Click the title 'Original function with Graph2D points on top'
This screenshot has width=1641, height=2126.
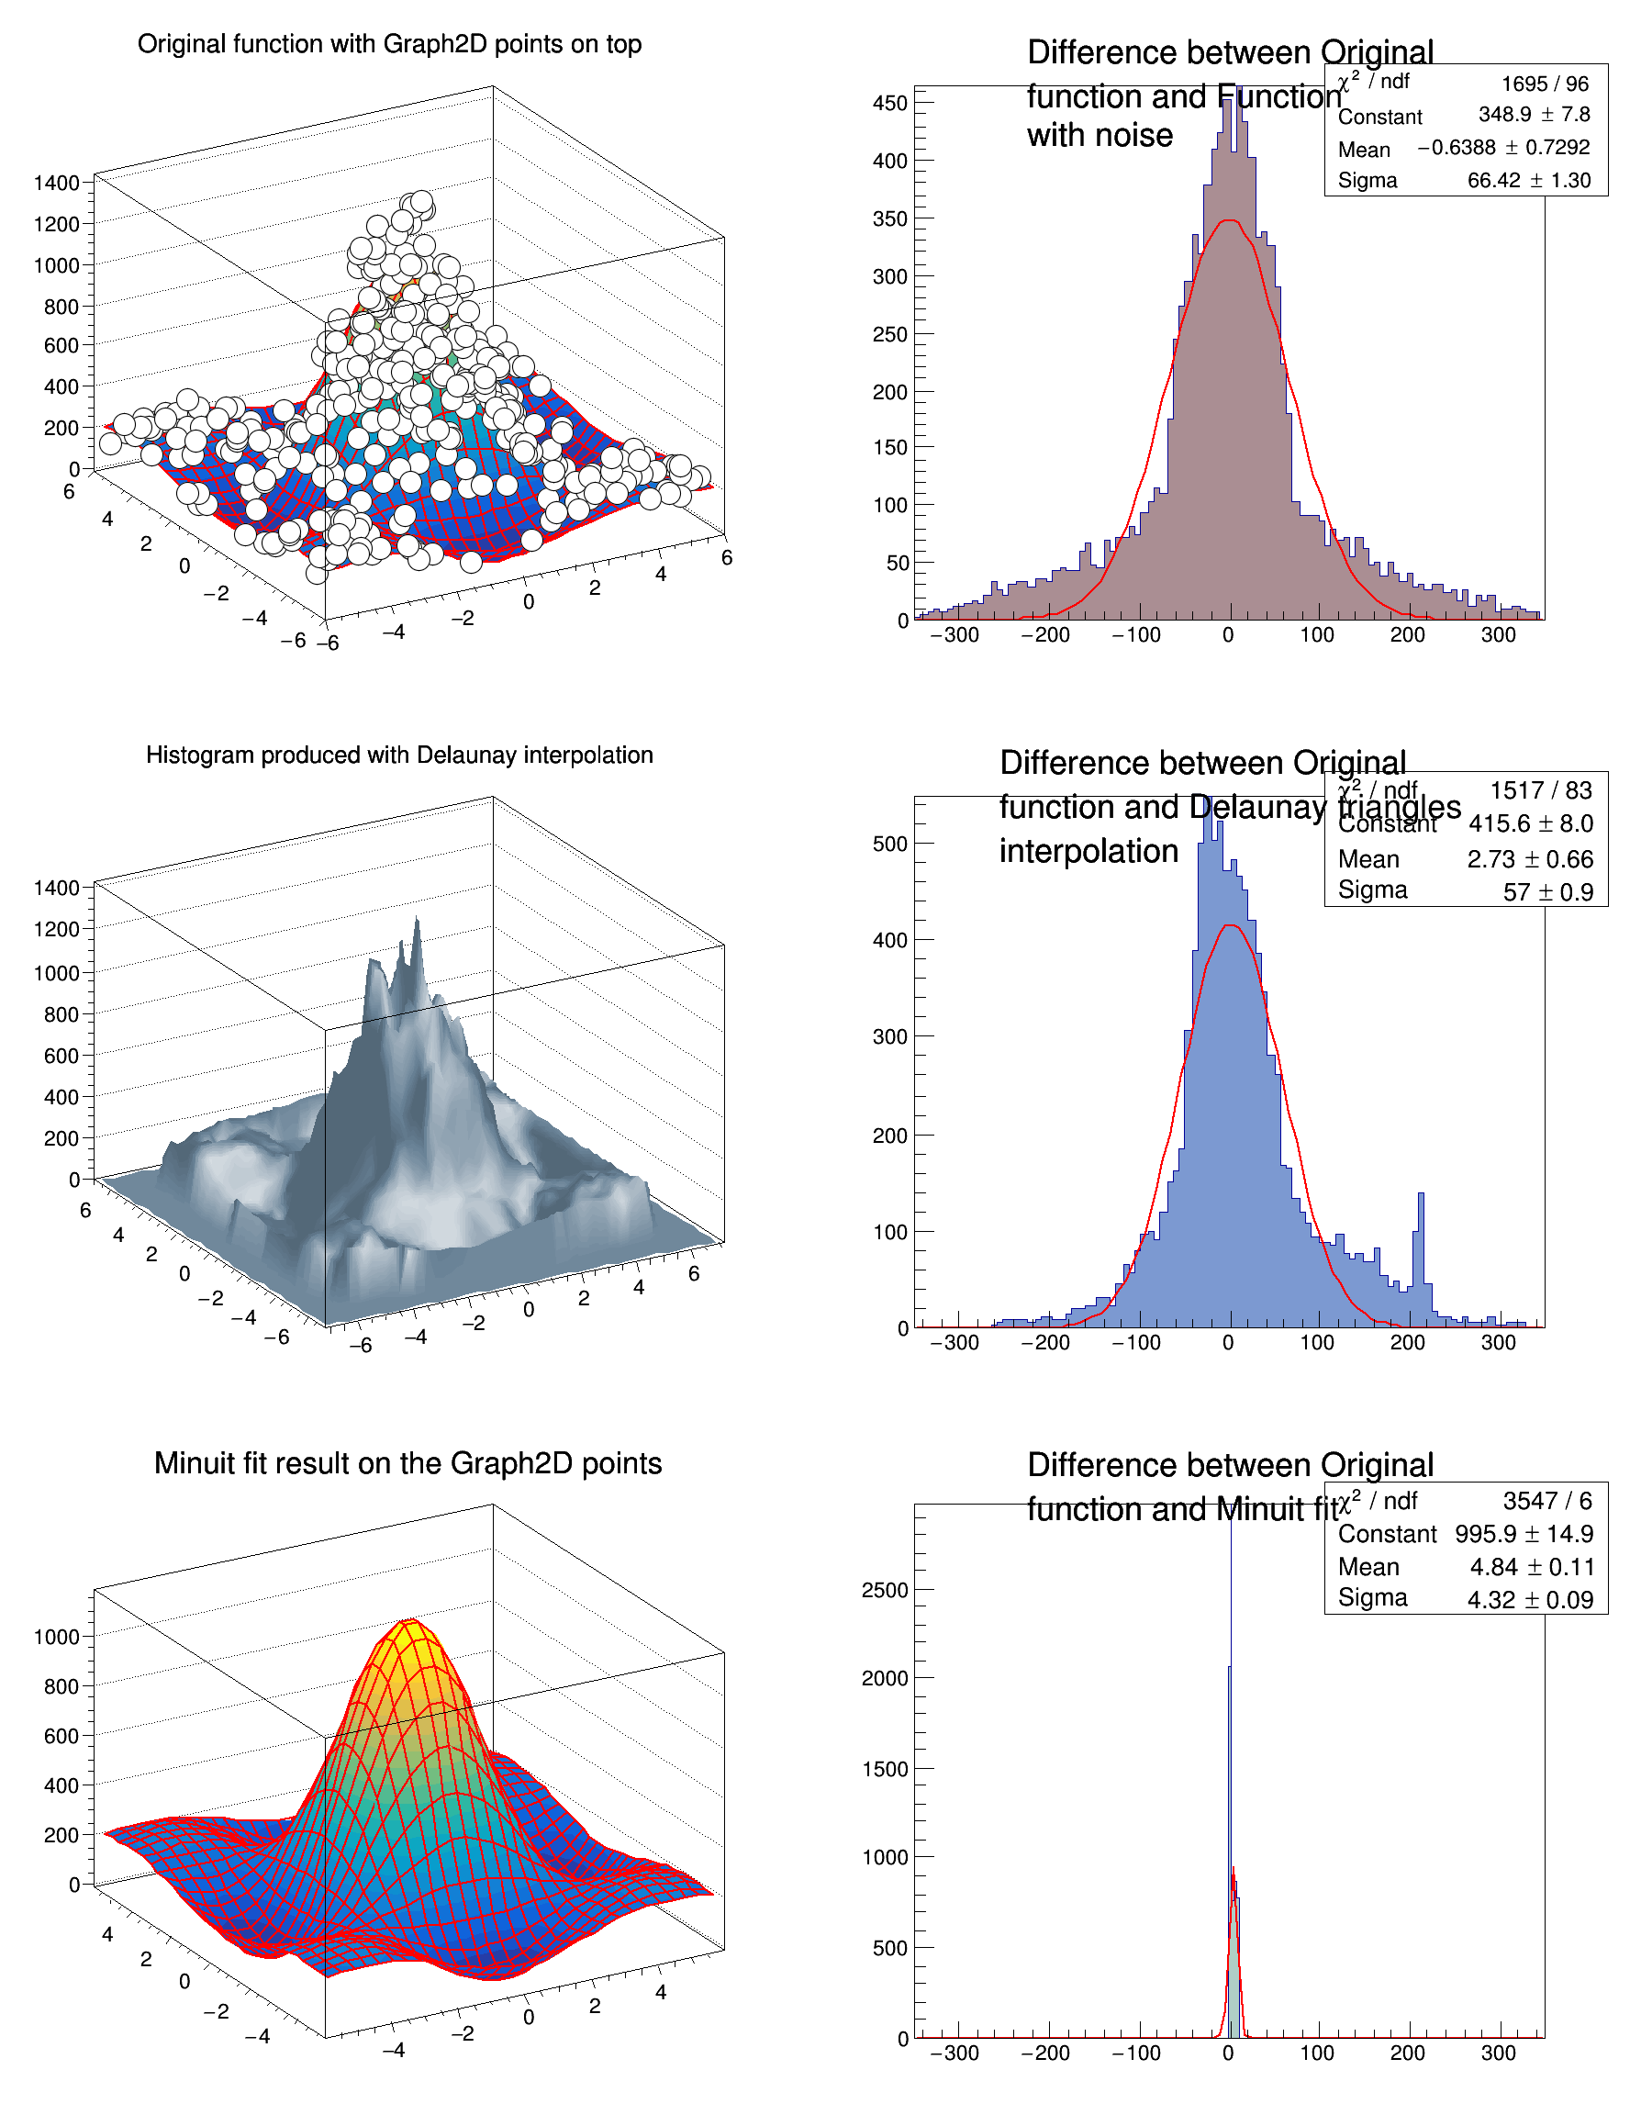[389, 45]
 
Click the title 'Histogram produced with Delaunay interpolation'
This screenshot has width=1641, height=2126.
[399, 755]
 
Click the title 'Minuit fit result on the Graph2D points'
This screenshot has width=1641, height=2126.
[407, 1464]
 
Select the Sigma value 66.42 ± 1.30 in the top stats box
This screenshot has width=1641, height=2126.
[1528, 180]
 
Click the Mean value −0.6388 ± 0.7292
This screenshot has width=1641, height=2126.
[1502, 148]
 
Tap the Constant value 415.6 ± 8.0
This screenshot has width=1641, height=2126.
[1530, 824]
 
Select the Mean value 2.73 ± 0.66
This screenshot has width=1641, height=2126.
[1530, 859]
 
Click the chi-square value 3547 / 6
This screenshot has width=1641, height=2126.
[1546, 1501]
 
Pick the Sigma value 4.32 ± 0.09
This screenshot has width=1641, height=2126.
[1530, 1599]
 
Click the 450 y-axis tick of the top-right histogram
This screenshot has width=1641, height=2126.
[889, 103]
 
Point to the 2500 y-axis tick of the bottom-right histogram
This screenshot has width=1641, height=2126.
[884, 1590]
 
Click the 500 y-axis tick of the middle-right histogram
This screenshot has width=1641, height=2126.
[889, 844]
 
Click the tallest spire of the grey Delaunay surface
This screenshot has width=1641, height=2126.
[417, 922]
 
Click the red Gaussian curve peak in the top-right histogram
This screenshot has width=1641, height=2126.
[1230, 222]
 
